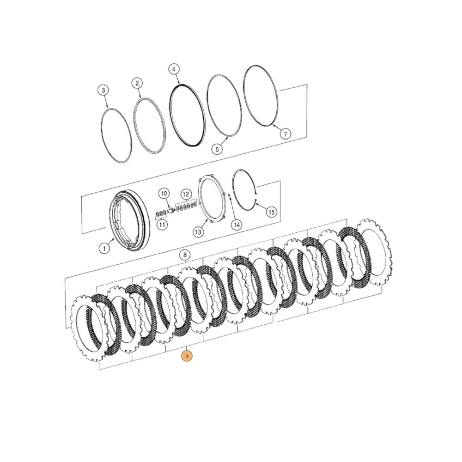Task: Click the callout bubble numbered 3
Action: click(103, 90)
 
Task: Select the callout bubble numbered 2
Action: click(137, 83)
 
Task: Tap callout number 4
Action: click(174, 70)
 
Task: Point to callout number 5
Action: click(217, 149)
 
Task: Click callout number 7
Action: click(285, 134)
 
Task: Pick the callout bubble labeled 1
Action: click(104, 248)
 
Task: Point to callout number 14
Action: click(237, 225)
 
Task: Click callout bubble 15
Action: click(271, 212)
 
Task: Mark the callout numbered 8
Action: click(185, 255)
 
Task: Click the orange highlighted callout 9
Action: click(187, 356)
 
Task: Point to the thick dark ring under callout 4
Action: click(187, 115)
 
